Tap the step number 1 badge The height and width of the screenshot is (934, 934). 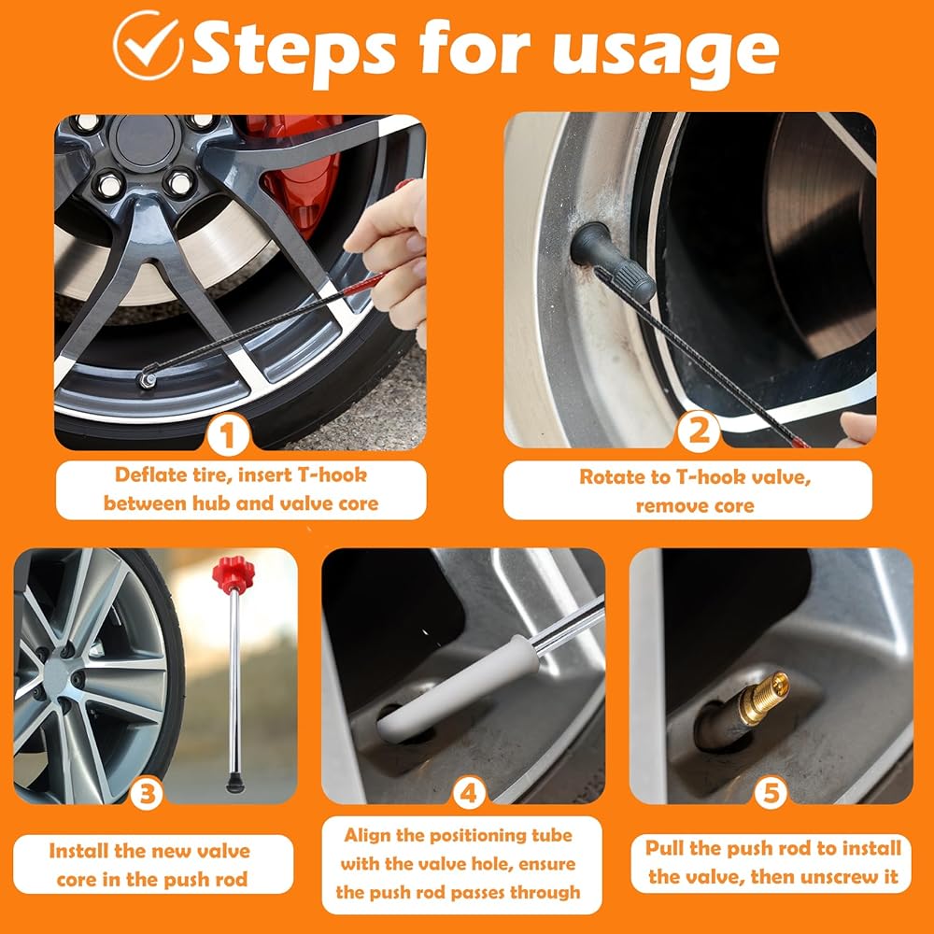(228, 435)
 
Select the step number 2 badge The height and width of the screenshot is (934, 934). (698, 431)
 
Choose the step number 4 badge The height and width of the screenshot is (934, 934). (468, 793)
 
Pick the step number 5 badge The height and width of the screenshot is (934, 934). (771, 793)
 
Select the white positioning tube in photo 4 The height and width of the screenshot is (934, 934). (453, 691)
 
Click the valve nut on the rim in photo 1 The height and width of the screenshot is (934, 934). (147, 379)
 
